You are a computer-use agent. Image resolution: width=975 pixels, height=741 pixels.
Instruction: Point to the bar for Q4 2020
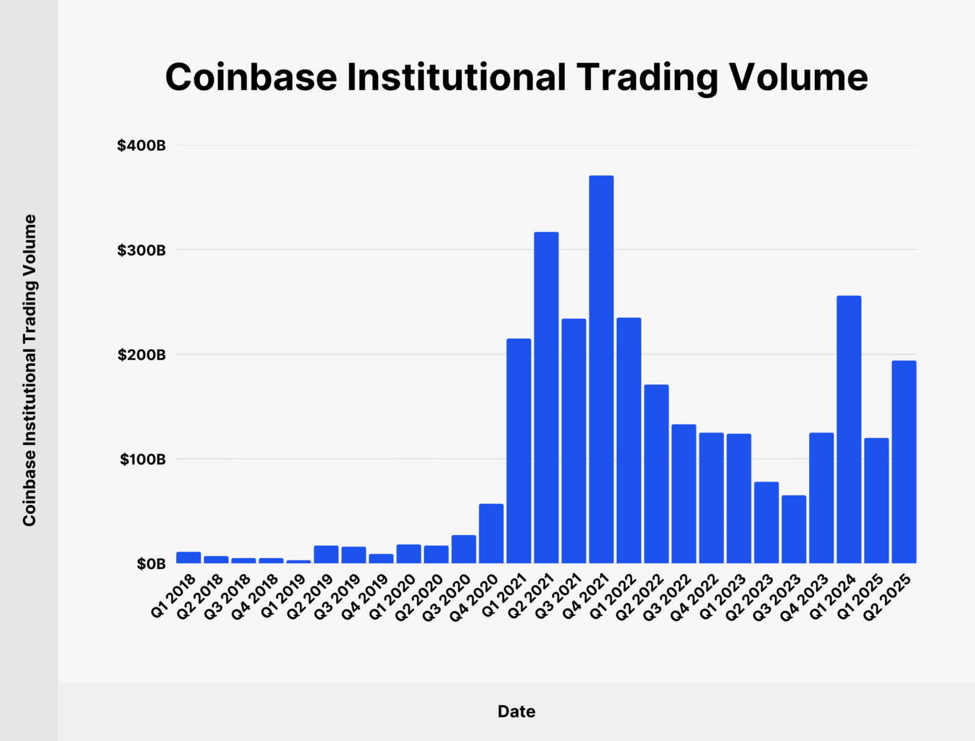(491, 533)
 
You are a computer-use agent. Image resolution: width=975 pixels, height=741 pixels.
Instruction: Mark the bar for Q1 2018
(188, 558)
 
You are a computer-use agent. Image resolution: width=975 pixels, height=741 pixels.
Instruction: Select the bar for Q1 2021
(519, 451)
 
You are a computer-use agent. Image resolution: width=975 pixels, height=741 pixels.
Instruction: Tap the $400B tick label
(141, 146)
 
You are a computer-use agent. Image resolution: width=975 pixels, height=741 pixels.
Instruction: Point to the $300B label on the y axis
(141, 250)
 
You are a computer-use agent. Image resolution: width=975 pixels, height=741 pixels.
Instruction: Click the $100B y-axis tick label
(143, 459)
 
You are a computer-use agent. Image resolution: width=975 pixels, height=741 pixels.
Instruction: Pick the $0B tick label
(151, 564)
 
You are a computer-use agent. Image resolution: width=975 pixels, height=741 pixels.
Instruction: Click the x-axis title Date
(516, 711)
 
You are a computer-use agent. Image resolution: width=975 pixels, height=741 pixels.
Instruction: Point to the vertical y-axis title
(29, 370)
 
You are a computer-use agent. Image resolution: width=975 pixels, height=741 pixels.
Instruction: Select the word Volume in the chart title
(798, 77)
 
